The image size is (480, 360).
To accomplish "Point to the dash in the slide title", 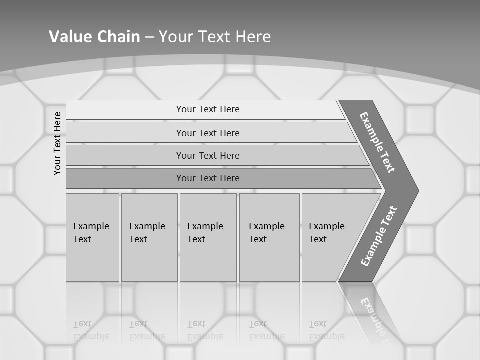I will coord(149,37).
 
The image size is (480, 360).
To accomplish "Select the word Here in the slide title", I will coord(253,36).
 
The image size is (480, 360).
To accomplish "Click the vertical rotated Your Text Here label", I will coord(57,143).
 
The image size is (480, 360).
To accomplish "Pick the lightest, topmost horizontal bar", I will coord(208,109).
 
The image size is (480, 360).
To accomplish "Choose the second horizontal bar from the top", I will coord(208,133).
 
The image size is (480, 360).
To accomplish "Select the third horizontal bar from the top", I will coord(208,155).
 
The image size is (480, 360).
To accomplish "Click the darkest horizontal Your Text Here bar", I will coord(208,178).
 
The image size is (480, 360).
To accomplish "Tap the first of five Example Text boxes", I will coord(92,237).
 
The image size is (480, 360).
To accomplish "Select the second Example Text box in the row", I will coord(149,237).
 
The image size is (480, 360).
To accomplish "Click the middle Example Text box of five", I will coord(207,237).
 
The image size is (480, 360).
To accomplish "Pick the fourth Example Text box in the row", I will coord(269,237).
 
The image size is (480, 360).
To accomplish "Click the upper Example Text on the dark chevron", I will coord(377,142).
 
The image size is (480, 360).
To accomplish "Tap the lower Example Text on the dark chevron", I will coord(379,236).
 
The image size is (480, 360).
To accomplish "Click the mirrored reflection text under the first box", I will coord(91,330).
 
